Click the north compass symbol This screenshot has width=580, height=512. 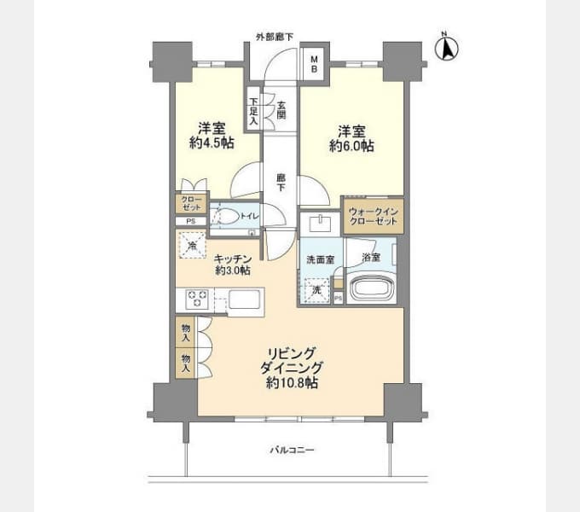(x=446, y=47)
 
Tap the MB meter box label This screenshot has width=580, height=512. (x=314, y=64)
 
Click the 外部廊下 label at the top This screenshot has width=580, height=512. (x=275, y=37)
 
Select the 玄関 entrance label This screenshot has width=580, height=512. (x=281, y=110)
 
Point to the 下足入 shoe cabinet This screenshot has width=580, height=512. (x=253, y=109)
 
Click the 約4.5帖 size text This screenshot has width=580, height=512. (x=212, y=143)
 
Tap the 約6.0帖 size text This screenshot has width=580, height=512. (x=351, y=146)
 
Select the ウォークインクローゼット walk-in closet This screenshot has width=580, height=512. (x=374, y=216)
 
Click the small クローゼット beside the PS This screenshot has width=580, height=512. (x=191, y=203)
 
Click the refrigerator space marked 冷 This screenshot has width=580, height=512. (x=193, y=245)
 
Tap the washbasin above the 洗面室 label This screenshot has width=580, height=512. (x=321, y=223)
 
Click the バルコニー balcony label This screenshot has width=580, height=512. (x=292, y=451)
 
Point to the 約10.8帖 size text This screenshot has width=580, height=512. (x=293, y=383)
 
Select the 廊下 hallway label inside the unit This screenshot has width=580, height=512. (x=281, y=183)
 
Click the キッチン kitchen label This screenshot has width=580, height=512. (x=233, y=259)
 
